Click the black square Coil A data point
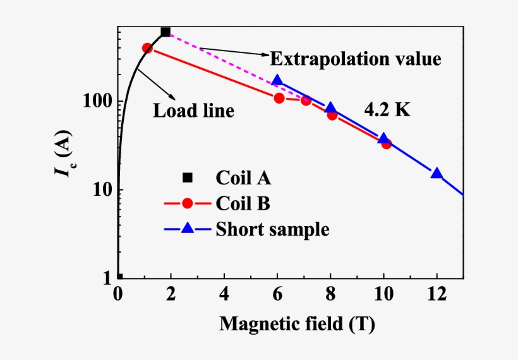(x=166, y=32)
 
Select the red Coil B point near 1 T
(x=147, y=48)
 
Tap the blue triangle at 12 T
(x=437, y=174)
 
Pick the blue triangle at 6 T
(x=277, y=81)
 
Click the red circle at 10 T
(x=386, y=143)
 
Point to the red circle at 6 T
(x=279, y=98)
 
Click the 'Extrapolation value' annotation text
(x=355, y=59)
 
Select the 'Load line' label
(x=193, y=111)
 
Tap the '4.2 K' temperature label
(x=387, y=109)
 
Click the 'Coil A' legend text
(x=243, y=178)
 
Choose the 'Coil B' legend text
(x=243, y=203)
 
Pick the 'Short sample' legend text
(x=272, y=229)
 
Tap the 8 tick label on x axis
(x=330, y=294)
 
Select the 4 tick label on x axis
(x=224, y=294)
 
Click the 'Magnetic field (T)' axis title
(x=297, y=325)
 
